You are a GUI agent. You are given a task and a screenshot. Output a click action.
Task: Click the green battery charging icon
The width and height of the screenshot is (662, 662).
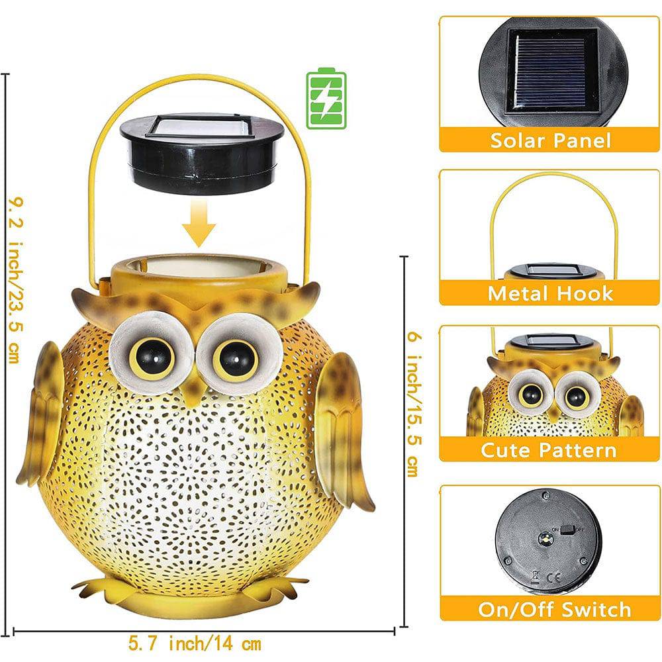click(x=326, y=98)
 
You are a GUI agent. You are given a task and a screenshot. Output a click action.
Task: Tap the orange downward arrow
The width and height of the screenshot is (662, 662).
click(x=199, y=222)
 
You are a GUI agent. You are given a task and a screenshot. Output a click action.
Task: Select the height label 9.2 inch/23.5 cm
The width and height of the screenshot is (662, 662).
click(x=16, y=280)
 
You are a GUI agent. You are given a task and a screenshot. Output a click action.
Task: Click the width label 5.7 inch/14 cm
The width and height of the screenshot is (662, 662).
click(x=195, y=644)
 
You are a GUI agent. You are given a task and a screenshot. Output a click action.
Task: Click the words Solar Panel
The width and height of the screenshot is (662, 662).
click(x=551, y=140)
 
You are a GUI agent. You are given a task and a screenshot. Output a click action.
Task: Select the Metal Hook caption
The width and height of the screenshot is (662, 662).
click(x=550, y=293)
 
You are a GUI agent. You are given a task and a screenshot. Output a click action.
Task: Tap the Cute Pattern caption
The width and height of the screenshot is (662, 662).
click(x=548, y=450)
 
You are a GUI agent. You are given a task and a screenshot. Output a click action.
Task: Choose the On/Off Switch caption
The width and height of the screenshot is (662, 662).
click(x=554, y=610)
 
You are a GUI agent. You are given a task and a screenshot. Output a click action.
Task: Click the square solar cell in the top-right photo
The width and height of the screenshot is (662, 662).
click(x=551, y=71)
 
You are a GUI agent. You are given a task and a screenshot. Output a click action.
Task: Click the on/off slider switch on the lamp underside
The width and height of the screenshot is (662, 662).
click(x=568, y=530)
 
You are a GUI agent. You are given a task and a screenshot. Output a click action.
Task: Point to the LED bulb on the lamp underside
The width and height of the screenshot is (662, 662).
click(x=545, y=538)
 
